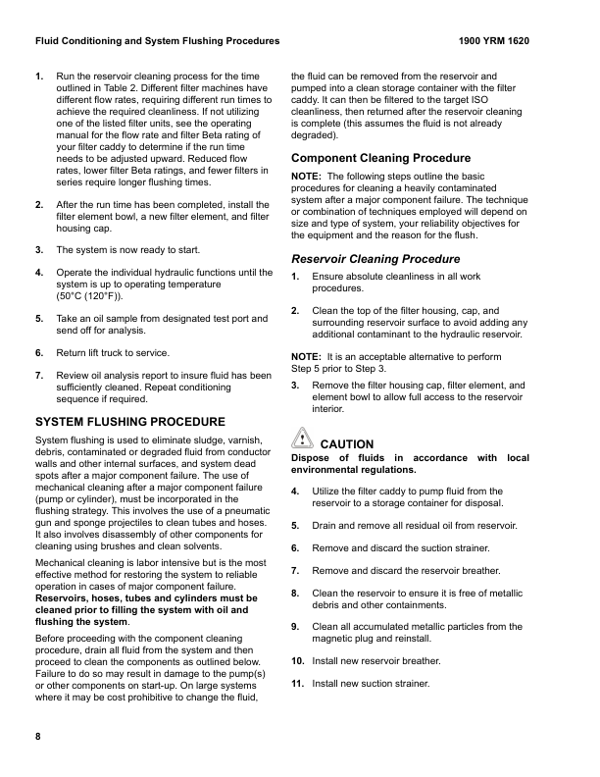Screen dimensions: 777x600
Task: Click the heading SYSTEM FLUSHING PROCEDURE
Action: point(129,422)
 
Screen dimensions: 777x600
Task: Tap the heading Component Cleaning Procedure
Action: point(375,157)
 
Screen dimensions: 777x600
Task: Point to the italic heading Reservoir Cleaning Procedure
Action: point(375,259)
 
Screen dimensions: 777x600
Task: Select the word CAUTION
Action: point(347,444)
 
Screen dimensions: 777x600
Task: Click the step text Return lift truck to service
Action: point(113,352)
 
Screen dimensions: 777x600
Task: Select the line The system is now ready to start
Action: point(125,250)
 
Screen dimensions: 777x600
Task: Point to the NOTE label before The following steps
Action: point(308,176)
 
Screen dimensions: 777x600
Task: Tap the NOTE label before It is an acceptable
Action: point(308,357)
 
